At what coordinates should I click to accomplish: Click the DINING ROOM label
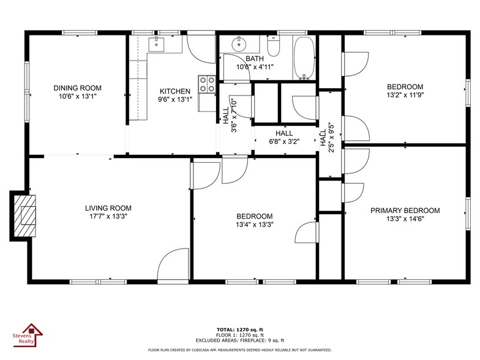pyautogui.click(x=77, y=88)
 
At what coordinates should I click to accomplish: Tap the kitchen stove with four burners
pyautogui.click(x=207, y=84)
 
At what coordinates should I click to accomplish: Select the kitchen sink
pyautogui.click(x=157, y=44)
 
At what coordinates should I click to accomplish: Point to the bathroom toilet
pyautogui.click(x=273, y=46)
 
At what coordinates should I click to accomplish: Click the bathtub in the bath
pyautogui.click(x=304, y=58)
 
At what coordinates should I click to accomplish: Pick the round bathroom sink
pyautogui.click(x=239, y=44)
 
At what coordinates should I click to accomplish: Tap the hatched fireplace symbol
pyautogui.click(x=24, y=216)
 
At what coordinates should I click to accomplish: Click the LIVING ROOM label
pyautogui.click(x=108, y=208)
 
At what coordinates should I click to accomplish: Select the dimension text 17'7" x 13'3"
pyautogui.click(x=108, y=217)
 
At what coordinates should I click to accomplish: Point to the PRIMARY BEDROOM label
pyautogui.click(x=405, y=211)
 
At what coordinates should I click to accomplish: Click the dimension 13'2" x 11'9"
pyautogui.click(x=405, y=96)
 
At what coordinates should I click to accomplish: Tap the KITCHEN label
pyautogui.click(x=175, y=91)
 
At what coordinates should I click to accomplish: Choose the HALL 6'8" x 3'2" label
pyautogui.click(x=284, y=137)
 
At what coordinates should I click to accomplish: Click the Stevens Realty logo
pyautogui.click(x=28, y=336)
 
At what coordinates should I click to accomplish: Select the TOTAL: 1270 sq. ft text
pyautogui.click(x=240, y=329)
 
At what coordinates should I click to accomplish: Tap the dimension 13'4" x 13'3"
pyautogui.click(x=255, y=225)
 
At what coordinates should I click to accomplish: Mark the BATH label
pyautogui.click(x=255, y=59)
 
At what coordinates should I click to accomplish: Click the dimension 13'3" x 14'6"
pyautogui.click(x=405, y=219)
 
